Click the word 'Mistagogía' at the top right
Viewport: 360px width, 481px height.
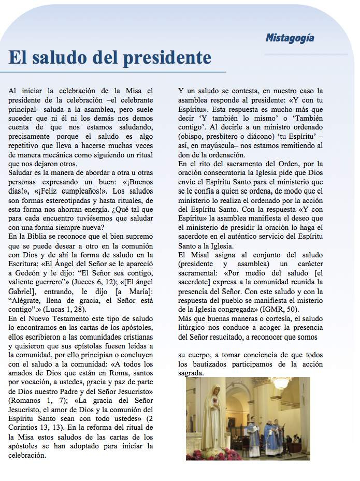click(290, 38)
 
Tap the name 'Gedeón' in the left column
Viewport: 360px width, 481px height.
click(26, 272)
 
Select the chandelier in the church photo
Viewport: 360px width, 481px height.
click(281, 385)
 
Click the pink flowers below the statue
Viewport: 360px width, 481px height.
click(207, 454)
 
